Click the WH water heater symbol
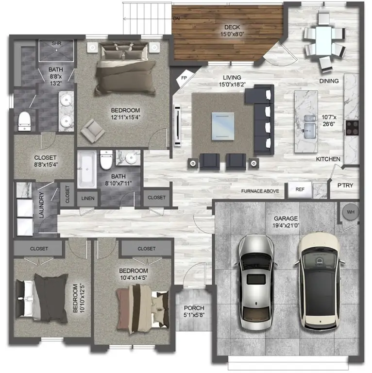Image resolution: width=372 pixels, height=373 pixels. click(x=351, y=212)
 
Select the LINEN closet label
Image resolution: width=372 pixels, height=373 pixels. click(x=88, y=198)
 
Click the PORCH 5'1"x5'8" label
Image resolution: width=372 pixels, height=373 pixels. click(x=194, y=312)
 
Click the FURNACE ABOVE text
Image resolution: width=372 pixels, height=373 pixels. click(x=260, y=191)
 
